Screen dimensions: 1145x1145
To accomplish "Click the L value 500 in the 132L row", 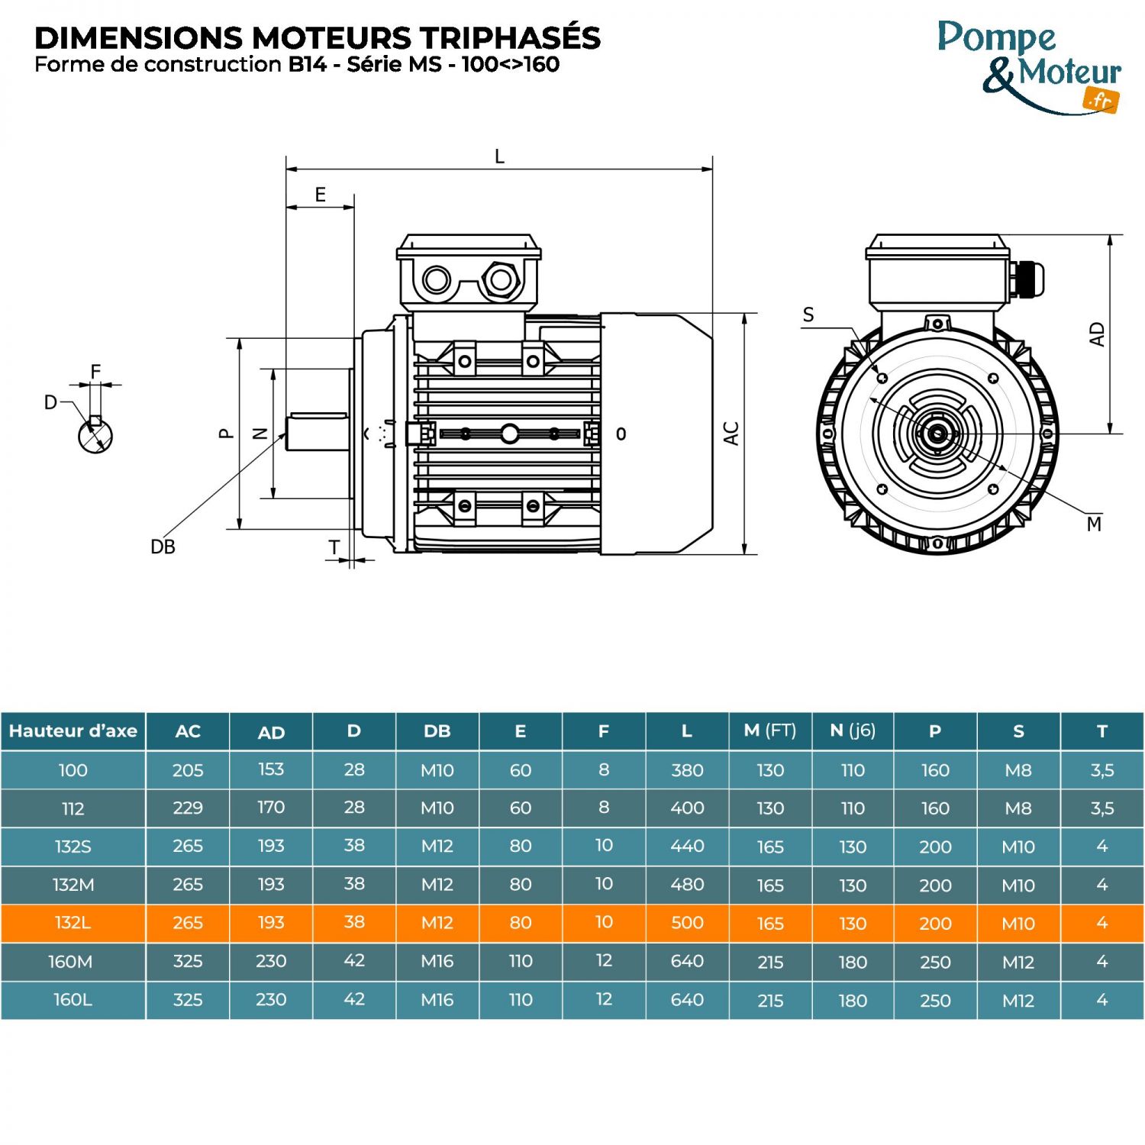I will coord(687,923).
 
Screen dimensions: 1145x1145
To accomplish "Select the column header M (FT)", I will coord(769,731).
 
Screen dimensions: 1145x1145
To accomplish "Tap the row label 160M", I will coord(71,962).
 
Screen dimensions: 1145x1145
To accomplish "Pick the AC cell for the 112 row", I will coord(188,808).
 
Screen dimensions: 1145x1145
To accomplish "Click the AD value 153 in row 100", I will coord(271,769).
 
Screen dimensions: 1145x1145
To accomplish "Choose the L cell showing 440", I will coord(687,847).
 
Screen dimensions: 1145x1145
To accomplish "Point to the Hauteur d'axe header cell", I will coord(73,731).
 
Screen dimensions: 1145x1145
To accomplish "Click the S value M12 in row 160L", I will coord(1018,1000).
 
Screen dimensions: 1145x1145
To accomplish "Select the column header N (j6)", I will coord(853,731).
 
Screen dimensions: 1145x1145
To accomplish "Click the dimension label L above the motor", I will coord(499,157).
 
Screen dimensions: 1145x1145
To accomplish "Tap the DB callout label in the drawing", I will coord(163,547).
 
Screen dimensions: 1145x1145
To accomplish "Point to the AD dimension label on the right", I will coord(1097,334).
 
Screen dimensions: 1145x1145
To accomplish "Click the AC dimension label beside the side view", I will coord(731,434).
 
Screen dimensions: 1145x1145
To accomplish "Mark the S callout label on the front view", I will coord(808,315).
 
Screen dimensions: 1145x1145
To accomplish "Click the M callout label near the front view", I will coord(1094,524).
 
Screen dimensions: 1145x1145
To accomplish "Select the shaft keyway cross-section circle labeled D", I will coord(95,436).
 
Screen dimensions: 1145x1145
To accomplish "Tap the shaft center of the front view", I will coord(937,434).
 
